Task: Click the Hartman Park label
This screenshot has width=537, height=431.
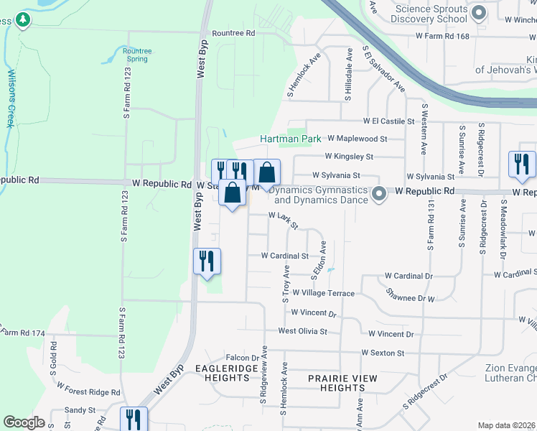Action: (x=290, y=139)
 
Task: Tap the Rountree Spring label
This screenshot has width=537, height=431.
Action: (x=136, y=55)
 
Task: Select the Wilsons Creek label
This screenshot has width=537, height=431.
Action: (x=10, y=98)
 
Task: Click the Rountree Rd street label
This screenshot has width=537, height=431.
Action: (x=233, y=33)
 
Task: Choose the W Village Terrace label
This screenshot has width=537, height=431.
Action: (x=322, y=293)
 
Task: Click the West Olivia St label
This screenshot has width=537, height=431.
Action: (x=302, y=332)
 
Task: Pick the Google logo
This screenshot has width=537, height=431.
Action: (x=24, y=422)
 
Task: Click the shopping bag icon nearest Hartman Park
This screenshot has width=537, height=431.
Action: (x=267, y=172)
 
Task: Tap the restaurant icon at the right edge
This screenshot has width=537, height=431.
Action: (x=521, y=164)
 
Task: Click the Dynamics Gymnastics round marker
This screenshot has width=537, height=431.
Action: (x=380, y=193)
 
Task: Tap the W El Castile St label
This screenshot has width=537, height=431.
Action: (x=389, y=121)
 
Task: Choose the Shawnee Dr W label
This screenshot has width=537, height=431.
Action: (x=410, y=296)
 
